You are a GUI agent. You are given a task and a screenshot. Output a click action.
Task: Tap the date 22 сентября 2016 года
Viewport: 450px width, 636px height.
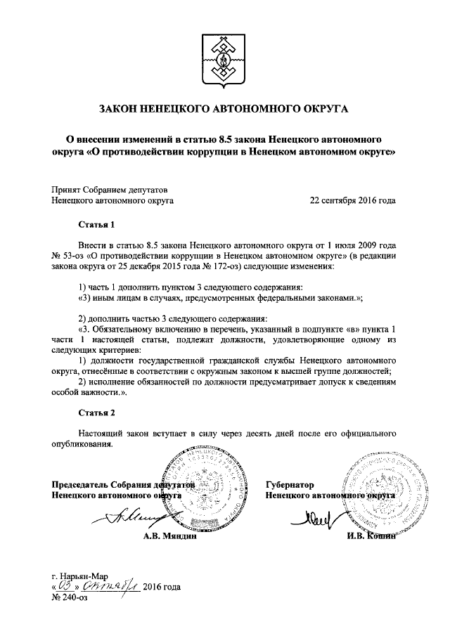[352, 200]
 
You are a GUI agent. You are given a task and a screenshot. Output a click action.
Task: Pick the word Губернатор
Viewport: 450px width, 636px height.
[290, 485]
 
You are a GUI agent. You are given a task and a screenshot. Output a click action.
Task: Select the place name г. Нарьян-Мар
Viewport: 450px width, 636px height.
[78, 576]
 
